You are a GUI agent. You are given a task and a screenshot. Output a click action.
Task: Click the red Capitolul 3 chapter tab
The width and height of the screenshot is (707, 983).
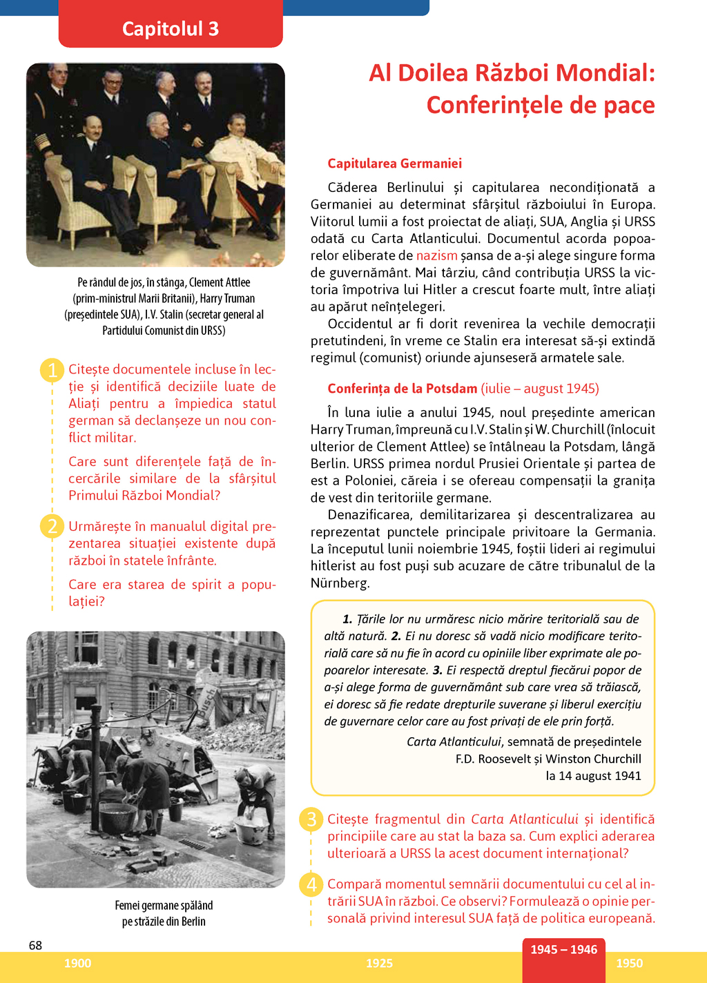pyautogui.click(x=171, y=28)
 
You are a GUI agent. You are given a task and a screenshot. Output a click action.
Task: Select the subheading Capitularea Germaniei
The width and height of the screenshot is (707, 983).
pyautogui.click(x=394, y=164)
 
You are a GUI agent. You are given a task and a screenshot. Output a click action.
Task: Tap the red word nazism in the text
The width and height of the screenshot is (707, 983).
pyautogui.click(x=436, y=255)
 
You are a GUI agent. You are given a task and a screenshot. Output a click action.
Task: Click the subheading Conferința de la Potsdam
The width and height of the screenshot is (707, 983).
pyautogui.click(x=403, y=389)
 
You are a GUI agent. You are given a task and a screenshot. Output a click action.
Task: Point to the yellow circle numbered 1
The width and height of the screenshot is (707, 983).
pyautogui.click(x=52, y=370)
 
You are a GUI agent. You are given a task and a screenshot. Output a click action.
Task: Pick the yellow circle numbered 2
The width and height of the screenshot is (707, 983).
pyautogui.click(x=52, y=527)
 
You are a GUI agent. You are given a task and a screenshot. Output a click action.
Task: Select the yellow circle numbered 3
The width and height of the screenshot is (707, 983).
pyautogui.click(x=311, y=819)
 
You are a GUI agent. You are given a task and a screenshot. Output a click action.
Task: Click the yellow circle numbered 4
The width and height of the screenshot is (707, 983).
pyautogui.click(x=311, y=884)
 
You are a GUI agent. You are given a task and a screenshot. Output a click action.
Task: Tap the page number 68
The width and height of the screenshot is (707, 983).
pyautogui.click(x=35, y=945)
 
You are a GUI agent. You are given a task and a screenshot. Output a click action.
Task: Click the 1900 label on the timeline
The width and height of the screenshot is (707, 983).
pyautogui.click(x=77, y=964)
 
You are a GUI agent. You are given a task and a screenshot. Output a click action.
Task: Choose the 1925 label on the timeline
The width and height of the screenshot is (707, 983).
pyautogui.click(x=379, y=964)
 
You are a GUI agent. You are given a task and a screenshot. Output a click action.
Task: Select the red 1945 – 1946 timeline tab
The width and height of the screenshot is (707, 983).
pyautogui.click(x=563, y=950)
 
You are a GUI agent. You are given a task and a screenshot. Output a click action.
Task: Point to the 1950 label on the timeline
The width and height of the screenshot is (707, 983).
pyautogui.click(x=629, y=964)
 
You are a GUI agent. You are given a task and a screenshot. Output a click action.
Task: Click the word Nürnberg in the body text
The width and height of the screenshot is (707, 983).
pyautogui.click(x=340, y=583)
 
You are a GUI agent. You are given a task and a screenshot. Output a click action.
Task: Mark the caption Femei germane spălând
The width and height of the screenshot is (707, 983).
pyautogui.click(x=164, y=906)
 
